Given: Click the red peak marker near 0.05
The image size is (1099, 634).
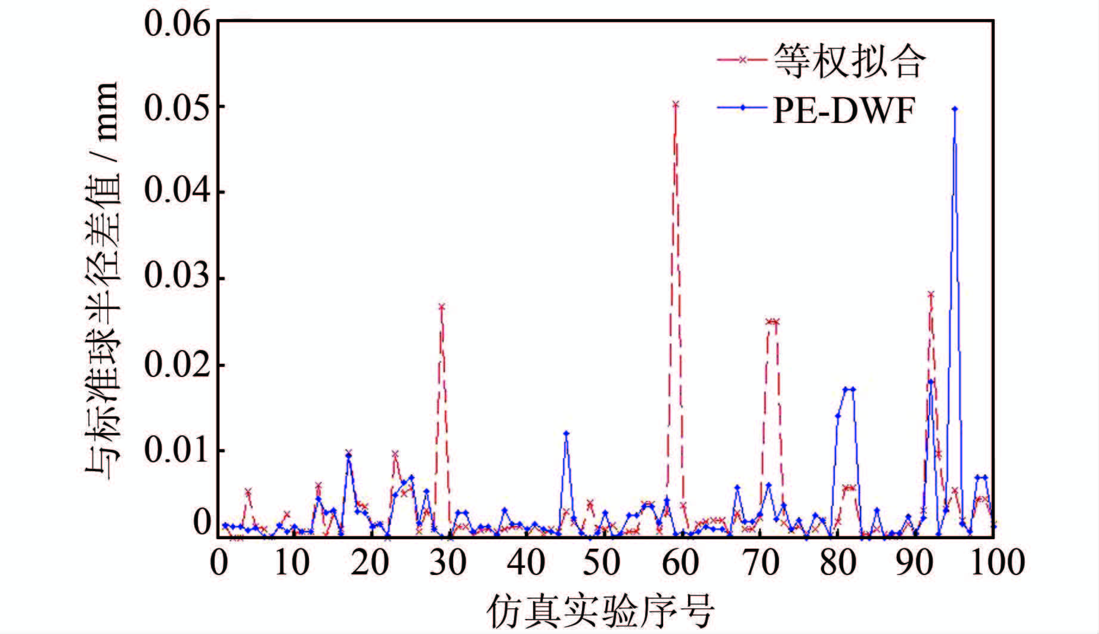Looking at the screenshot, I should tap(675, 104).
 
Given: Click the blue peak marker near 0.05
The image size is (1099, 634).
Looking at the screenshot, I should tap(955, 109).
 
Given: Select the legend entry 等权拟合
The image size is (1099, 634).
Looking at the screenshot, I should tap(849, 60).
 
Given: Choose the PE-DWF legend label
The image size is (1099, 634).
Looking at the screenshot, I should tap(843, 110).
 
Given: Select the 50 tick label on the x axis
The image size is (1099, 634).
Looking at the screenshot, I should tap(601, 562).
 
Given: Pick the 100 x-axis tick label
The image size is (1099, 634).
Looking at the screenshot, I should tap(996, 562).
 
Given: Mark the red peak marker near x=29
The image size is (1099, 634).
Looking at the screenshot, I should tap(442, 307).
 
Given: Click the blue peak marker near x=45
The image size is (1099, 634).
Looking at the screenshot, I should tap(566, 434).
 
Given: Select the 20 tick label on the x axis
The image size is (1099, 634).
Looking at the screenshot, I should tap(370, 562).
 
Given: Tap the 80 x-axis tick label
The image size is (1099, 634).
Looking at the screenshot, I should tap(838, 562).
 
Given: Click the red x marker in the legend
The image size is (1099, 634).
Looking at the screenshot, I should tap(742, 60).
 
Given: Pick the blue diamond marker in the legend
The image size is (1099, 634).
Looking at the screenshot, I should tap(742, 107).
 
